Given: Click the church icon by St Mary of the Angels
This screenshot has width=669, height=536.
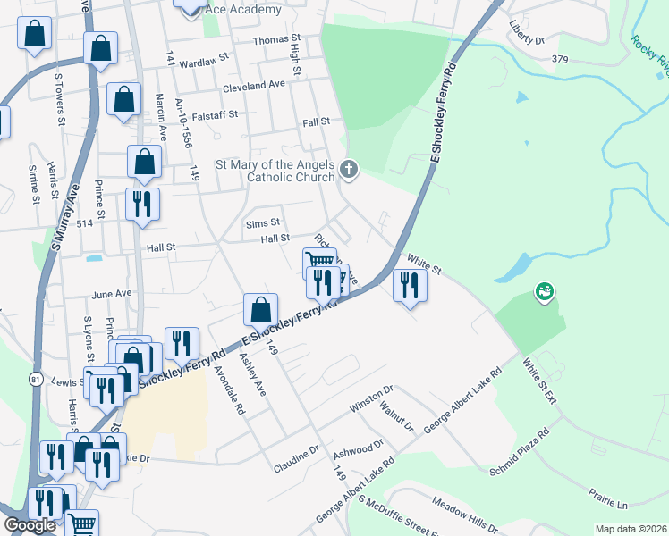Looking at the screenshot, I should (349, 168).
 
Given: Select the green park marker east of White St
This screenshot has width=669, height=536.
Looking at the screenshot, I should (544, 291).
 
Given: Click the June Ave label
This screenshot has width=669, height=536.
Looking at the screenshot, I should (112, 293).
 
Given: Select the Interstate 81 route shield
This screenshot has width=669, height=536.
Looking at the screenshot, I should (35, 379).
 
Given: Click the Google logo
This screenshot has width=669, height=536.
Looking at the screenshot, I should (30, 525).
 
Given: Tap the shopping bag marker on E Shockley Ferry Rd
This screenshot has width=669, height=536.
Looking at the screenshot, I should (259, 310).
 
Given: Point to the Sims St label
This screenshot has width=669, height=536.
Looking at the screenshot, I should (263, 222).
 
